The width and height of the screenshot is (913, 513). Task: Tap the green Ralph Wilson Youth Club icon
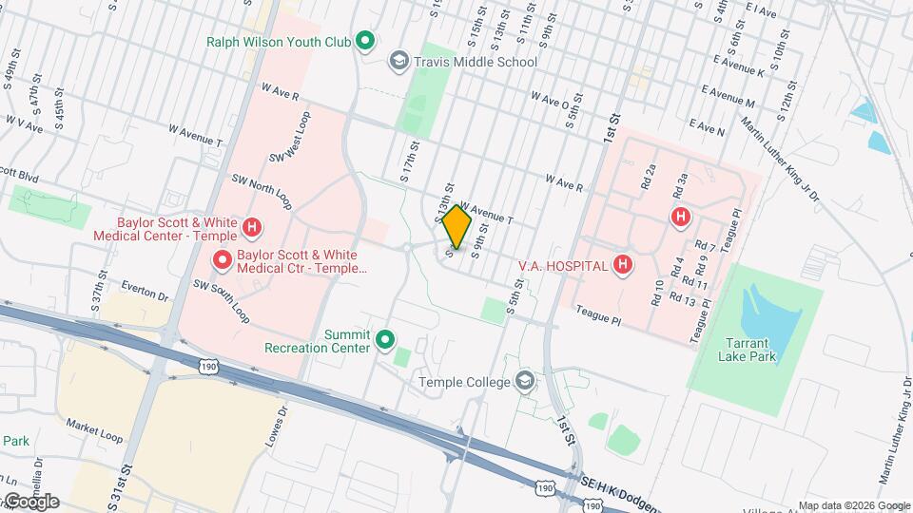364,41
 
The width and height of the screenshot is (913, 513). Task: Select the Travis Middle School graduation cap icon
399,62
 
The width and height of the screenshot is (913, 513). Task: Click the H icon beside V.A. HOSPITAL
623,264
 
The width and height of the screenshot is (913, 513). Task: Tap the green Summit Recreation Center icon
385,339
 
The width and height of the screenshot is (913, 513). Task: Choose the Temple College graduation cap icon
523,382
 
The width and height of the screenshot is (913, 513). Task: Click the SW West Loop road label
290,138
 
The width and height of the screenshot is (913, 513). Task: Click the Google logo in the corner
30,502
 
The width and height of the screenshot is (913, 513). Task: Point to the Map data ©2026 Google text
853,505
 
